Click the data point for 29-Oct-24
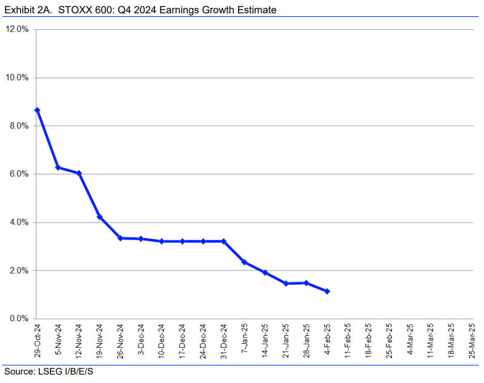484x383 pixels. (37, 110)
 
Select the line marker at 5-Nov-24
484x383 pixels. (58, 167)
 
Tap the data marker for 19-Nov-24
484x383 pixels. (99, 217)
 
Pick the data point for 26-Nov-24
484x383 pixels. (120, 238)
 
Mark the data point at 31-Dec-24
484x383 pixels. (224, 241)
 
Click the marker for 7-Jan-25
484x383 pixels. (244, 262)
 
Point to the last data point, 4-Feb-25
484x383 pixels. (327, 291)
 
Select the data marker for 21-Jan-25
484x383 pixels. (286, 283)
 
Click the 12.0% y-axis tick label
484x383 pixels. (18, 30)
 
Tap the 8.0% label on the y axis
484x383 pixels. (19, 126)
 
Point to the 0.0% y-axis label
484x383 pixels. (19, 318)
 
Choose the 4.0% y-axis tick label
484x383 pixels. (19, 222)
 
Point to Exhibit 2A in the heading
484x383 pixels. (25, 10)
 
